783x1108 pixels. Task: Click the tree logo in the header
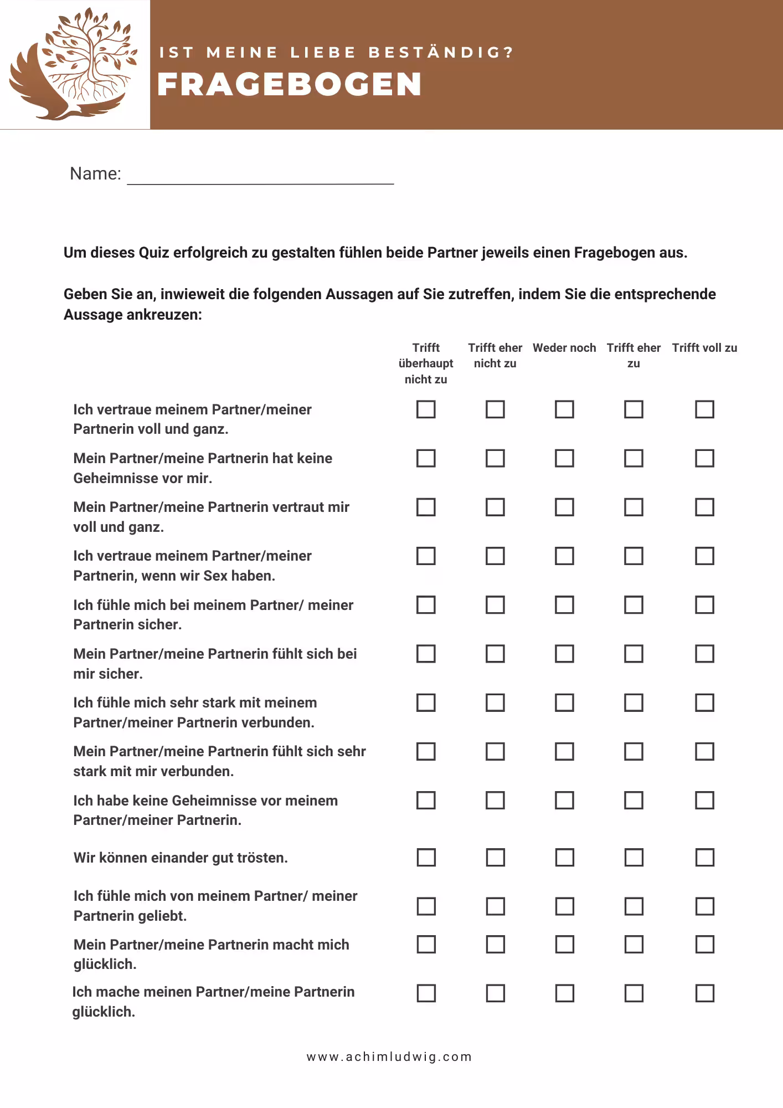pyautogui.click(x=75, y=64)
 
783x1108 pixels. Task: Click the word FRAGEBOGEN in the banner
pyautogui.click(x=290, y=85)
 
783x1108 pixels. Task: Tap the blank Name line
pyautogui.click(x=260, y=176)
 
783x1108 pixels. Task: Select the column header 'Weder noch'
pyautogui.click(x=564, y=348)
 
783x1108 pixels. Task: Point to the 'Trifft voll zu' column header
pyautogui.click(x=704, y=348)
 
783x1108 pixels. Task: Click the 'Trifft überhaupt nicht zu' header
pyautogui.click(x=426, y=363)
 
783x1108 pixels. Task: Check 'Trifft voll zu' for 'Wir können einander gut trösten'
pyautogui.click(x=704, y=857)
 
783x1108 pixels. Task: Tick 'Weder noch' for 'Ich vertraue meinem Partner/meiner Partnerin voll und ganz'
pyautogui.click(x=564, y=409)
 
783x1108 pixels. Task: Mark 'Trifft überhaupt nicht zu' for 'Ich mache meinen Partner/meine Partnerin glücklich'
pyautogui.click(x=426, y=993)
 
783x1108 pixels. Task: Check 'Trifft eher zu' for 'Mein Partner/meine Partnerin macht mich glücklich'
pyautogui.click(x=633, y=944)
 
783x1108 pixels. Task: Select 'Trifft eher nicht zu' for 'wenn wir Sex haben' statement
pyautogui.click(x=495, y=556)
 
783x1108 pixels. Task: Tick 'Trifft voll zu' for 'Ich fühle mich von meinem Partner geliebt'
pyautogui.click(x=704, y=906)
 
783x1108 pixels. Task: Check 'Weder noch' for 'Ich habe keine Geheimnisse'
pyautogui.click(x=564, y=800)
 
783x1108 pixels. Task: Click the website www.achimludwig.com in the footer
pyautogui.click(x=389, y=1056)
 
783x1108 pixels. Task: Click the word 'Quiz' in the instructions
pyautogui.click(x=154, y=253)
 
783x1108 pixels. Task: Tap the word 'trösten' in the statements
pyautogui.click(x=262, y=858)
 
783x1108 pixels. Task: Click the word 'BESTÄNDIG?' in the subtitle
pyautogui.click(x=441, y=53)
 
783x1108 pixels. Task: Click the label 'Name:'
pyautogui.click(x=95, y=174)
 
